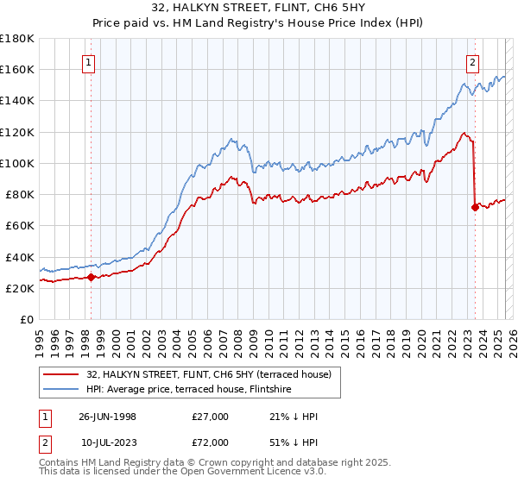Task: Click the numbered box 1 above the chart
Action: pyautogui.click(x=90, y=62)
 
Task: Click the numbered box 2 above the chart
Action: pyautogui.click(x=473, y=62)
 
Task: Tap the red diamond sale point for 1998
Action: pyautogui.click(x=92, y=277)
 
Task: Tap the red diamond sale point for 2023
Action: pyautogui.click(x=475, y=207)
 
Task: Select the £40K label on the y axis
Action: pyautogui.click(x=20, y=257)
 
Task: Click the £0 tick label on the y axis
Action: pyautogui.click(x=27, y=319)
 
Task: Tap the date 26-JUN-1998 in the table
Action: pyautogui.click(x=107, y=417)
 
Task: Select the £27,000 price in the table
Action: pyautogui.click(x=211, y=417)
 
